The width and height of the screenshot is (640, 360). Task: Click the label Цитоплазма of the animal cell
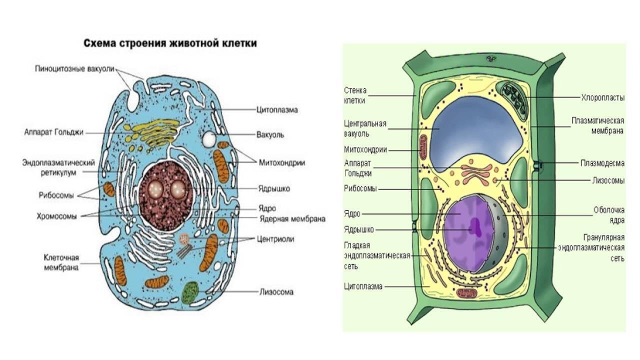pos(277,109)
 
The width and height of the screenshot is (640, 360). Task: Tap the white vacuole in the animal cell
pos(209,139)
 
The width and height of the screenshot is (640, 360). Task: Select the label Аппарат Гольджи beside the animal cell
pos(53,132)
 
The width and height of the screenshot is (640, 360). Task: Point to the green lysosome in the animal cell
pos(189,292)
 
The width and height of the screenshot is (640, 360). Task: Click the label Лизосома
pos(276,292)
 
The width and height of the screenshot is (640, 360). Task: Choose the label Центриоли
pos(276,239)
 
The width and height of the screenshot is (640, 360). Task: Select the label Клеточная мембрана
pos(61,262)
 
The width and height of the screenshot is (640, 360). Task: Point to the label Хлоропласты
pos(602,98)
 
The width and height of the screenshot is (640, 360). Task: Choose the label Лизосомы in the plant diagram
pos(607,180)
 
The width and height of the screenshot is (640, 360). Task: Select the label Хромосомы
pos(56,216)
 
